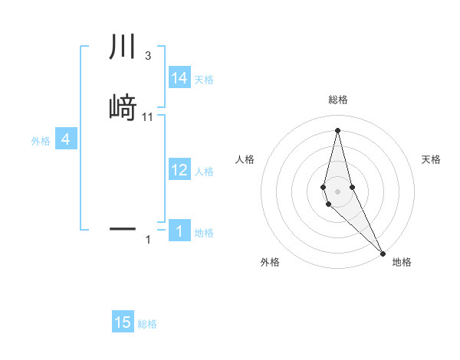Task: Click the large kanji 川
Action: pyautogui.click(x=123, y=47)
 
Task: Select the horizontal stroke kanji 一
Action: pyautogui.click(x=123, y=228)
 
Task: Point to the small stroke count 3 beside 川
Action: pyautogui.click(x=147, y=56)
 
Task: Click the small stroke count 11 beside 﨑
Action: pyautogui.click(x=148, y=116)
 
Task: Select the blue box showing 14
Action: pyautogui.click(x=179, y=78)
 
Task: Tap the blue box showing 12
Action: pyautogui.click(x=179, y=170)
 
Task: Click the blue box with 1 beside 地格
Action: pyautogui.click(x=179, y=231)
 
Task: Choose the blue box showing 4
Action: pyautogui.click(x=66, y=139)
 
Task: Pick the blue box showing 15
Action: pyautogui.click(x=123, y=322)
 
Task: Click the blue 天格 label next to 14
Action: pyautogui.click(x=204, y=80)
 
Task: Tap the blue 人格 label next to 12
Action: pyautogui.click(x=204, y=172)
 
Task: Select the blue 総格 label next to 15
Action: pyautogui.click(x=147, y=324)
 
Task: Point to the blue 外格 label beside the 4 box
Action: pyautogui.click(x=41, y=141)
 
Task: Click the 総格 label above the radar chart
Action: pyautogui.click(x=338, y=100)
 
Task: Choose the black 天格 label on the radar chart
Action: pyautogui.click(x=431, y=159)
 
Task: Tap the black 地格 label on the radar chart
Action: pyautogui.click(x=402, y=262)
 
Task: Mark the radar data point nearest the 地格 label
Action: pyautogui.click(x=383, y=253)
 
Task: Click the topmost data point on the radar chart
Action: pyautogui.click(x=338, y=129)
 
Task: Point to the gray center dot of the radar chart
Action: pyautogui.click(x=338, y=191)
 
